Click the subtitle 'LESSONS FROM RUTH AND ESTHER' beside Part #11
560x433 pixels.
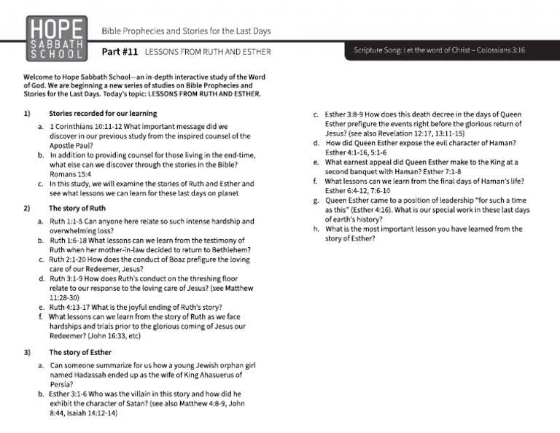tap(208, 52)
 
